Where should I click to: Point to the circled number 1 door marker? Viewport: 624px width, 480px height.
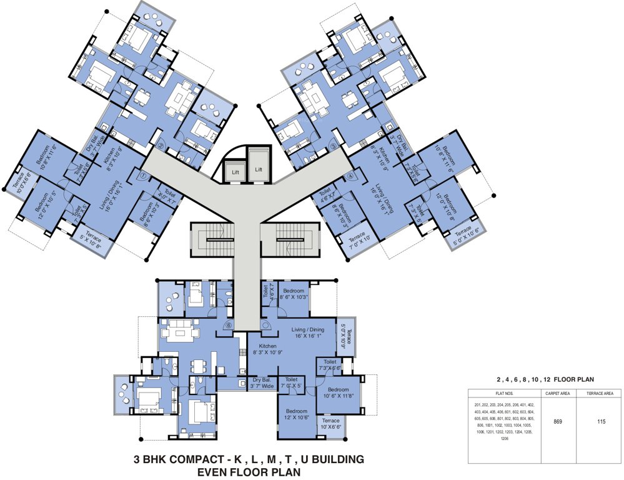[143, 176]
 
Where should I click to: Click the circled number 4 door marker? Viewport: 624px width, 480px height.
[350, 176]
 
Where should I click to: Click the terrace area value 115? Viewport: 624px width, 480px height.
[602, 422]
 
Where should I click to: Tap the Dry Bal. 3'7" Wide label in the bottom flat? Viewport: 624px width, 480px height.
[263, 382]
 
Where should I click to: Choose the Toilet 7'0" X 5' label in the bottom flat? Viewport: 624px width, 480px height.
[291, 382]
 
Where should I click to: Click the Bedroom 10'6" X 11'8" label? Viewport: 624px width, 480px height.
[338, 391]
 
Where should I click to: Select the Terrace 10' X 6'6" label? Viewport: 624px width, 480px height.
[331, 424]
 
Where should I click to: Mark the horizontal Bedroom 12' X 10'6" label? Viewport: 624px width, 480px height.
[297, 414]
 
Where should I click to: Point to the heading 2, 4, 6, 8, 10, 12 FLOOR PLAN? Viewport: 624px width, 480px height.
[545, 379]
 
